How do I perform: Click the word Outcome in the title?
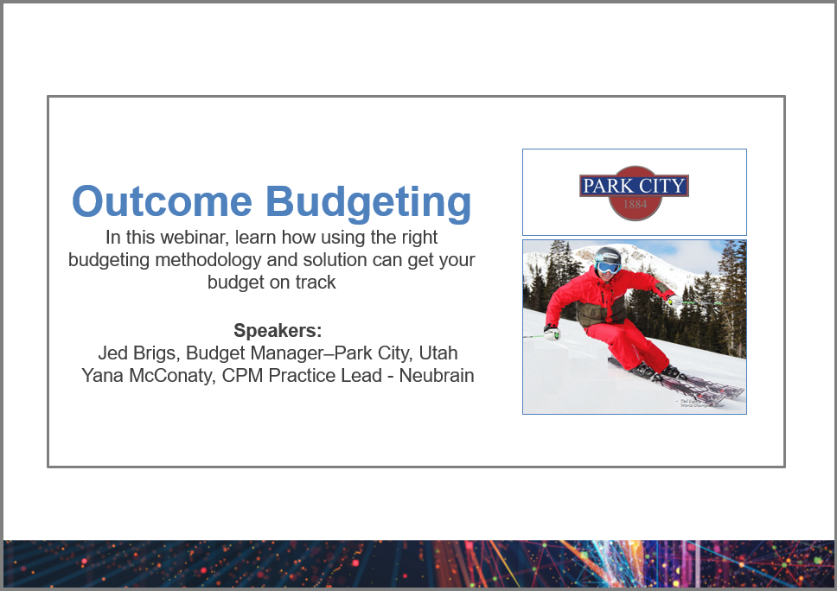point(162,201)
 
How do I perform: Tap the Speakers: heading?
point(277,331)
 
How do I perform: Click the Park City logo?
point(634,192)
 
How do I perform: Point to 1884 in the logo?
point(634,206)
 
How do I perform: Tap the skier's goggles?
point(608,267)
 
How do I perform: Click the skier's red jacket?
point(605,298)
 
